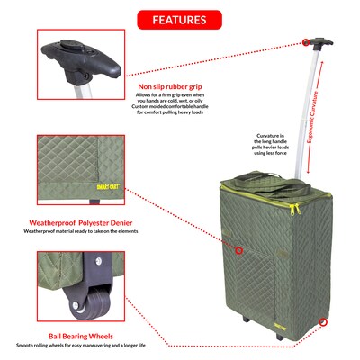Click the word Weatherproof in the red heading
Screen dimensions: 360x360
tap(58, 221)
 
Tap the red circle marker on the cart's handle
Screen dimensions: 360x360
tap(307, 41)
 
